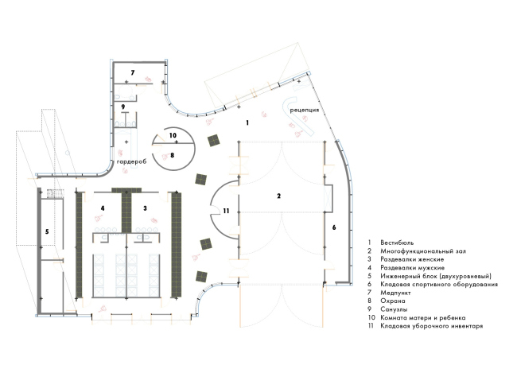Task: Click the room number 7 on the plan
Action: click(x=133, y=72)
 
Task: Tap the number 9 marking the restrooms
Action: click(x=123, y=107)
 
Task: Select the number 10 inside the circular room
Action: click(x=173, y=135)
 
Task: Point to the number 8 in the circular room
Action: click(x=172, y=155)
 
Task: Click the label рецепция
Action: click(x=305, y=110)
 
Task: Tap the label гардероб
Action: click(x=131, y=162)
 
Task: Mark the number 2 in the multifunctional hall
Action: click(x=279, y=196)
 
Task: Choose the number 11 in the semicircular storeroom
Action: click(x=226, y=211)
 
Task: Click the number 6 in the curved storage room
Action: click(x=334, y=227)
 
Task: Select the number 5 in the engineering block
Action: click(x=47, y=231)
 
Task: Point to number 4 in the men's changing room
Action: click(x=103, y=208)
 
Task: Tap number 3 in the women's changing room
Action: click(x=145, y=208)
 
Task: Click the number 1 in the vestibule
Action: click(x=247, y=123)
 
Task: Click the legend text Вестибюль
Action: click(x=397, y=243)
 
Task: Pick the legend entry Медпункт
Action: click(x=395, y=293)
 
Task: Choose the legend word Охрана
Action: click(x=393, y=301)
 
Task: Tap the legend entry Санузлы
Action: click(x=394, y=309)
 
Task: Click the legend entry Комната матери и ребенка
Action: click(x=422, y=318)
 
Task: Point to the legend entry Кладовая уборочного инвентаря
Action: click(x=432, y=326)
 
